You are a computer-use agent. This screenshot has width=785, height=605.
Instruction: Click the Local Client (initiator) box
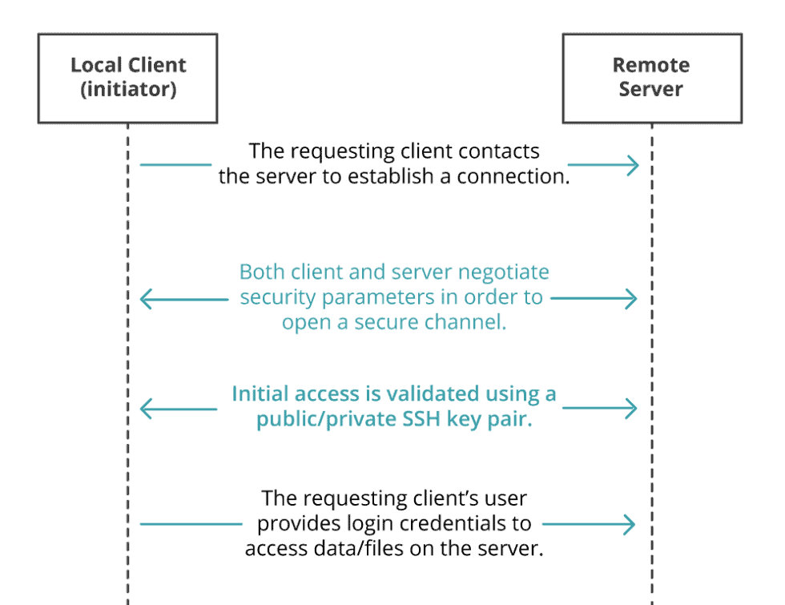coord(127,78)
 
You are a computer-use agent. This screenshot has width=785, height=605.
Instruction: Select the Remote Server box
coord(651,78)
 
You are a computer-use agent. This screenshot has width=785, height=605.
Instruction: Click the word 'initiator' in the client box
coord(128,89)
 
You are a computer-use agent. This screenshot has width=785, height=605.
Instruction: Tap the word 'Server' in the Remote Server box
coord(650,89)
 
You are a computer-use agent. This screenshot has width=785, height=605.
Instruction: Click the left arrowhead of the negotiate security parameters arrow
coord(146,299)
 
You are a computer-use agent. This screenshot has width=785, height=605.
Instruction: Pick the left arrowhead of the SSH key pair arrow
coord(146,408)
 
